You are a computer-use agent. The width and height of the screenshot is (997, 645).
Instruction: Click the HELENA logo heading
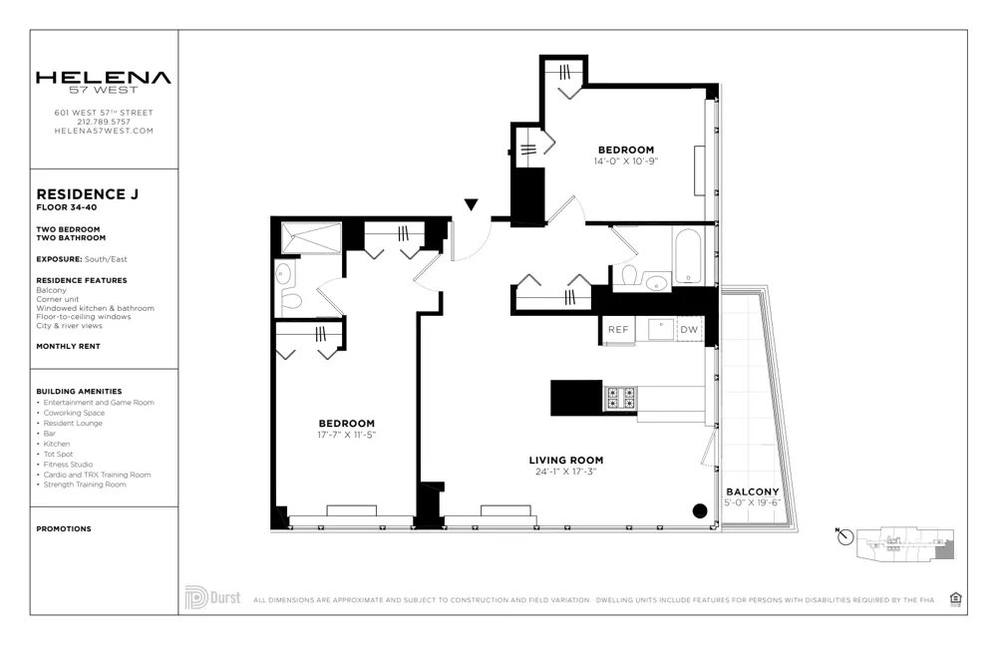coord(103,78)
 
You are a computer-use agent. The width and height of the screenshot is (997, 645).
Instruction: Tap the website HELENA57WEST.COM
coord(104,131)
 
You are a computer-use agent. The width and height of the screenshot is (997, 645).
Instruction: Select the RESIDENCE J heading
coord(87,193)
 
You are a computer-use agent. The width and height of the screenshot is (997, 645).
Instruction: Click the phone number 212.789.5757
coord(104,122)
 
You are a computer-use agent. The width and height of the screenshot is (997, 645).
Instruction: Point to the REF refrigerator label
coord(618,329)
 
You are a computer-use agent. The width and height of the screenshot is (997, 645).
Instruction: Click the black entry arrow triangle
coord(472,205)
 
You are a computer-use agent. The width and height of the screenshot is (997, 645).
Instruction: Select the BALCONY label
coord(752,492)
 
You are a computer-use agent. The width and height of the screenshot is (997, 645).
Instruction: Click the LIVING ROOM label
coord(565,461)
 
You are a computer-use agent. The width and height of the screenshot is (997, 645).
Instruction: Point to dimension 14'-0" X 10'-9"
coord(626,161)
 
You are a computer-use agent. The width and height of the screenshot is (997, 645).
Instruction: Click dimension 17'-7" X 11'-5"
coord(346,435)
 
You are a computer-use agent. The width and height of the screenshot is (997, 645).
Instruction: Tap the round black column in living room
coord(699,511)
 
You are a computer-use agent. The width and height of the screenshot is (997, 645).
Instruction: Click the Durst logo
coord(212,598)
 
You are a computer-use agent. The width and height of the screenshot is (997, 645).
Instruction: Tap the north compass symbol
coord(845,537)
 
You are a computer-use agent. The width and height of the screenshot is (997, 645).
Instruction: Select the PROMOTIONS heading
coord(63,529)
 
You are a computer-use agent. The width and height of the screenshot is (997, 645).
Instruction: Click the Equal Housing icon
coord(956,598)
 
